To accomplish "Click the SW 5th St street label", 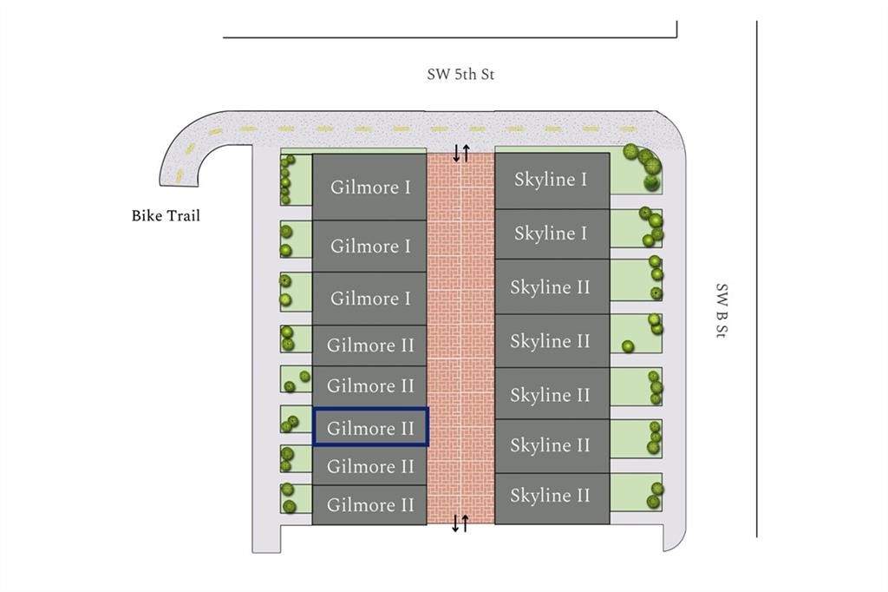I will (460, 75).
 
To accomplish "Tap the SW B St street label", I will (721, 311).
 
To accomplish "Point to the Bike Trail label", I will (166, 215).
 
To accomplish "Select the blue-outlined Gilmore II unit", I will (370, 428).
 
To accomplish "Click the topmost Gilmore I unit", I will (370, 187).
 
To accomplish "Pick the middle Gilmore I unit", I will (370, 247).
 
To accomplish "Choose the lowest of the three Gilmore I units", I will (370, 299).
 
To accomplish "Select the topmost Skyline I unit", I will (551, 180).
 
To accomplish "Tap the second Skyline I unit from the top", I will (551, 234).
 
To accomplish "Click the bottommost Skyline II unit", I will (551, 497).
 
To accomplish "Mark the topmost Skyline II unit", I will (551, 287).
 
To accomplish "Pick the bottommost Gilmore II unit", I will (370, 505).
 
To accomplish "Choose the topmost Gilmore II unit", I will (370, 345).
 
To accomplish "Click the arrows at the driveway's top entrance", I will (460, 154).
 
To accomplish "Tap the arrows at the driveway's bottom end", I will (460, 523).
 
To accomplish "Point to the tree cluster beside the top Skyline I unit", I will (647, 167).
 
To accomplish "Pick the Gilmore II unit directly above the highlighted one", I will (370, 386).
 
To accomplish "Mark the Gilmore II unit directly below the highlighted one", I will (370, 467).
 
